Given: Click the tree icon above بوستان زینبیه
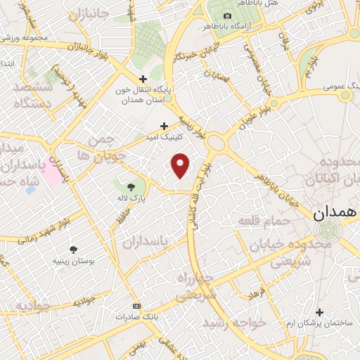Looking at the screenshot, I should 74,250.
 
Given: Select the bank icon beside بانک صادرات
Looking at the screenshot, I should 136,307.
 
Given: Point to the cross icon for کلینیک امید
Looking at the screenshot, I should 164,127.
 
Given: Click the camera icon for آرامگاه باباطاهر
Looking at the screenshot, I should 226,16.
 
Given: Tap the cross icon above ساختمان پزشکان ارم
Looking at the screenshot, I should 320,312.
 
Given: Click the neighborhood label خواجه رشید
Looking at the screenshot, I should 232,321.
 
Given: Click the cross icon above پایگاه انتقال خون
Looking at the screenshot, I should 143,79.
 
